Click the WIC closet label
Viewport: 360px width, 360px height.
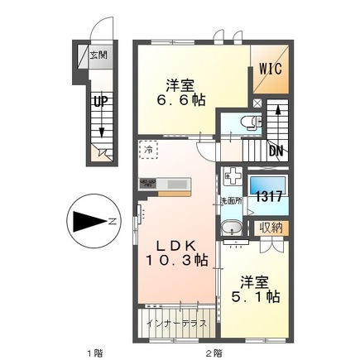coord(271,68)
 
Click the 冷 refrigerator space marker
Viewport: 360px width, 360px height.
coord(147,151)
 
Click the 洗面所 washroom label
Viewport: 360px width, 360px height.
coord(230,200)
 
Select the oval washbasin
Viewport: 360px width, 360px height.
coord(233,228)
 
